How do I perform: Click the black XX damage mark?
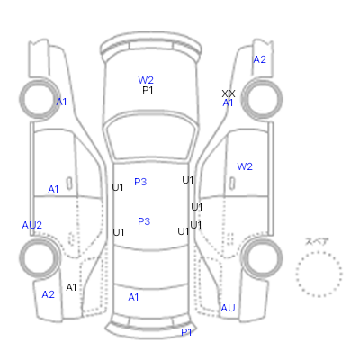(x=229, y=94)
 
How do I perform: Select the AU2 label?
(x=31, y=225)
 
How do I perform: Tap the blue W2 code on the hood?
(x=146, y=80)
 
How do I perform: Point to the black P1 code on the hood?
(x=148, y=90)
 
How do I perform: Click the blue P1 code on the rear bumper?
(x=186, y=332)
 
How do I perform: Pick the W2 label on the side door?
(x=245, y=166)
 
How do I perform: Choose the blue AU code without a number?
(x=228, y=308)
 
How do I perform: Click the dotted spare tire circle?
(x=319, y=274)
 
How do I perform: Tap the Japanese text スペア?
(x=317, y=241)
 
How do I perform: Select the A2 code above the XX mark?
(x=259, y=59)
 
